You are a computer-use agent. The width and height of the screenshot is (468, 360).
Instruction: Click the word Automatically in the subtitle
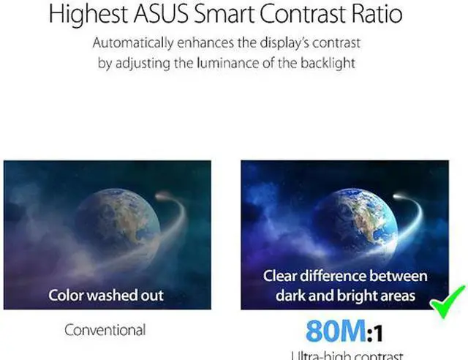tap(137, 43)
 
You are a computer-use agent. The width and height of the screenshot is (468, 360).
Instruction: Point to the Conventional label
tap(105, 330)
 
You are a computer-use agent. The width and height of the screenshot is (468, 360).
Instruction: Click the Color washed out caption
tap(106, 296)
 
